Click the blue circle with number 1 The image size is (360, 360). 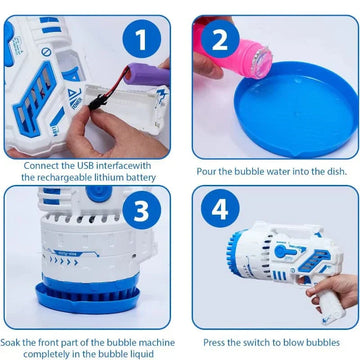(142, 39)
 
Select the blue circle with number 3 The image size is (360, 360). (142, 210)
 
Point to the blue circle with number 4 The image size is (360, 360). (220, 208)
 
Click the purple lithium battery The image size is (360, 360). (147, 75)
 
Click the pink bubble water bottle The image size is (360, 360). (233, 53)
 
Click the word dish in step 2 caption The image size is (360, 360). (337, 172)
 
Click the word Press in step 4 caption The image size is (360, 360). (213, 342)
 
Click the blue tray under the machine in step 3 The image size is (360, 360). (87, 298)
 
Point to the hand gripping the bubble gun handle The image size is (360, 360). (328, 291)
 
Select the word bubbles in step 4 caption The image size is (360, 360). (326, 342)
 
